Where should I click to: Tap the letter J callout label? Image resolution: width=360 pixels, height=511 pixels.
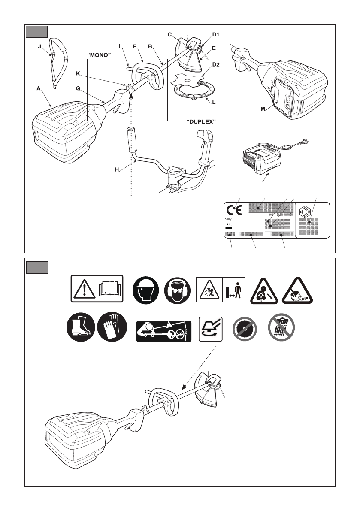click(x=39, y=48)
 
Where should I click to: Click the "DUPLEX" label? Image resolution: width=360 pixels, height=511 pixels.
click(x=201, y=122)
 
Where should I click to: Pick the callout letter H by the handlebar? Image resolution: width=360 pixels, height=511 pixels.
click(x=117, y=170)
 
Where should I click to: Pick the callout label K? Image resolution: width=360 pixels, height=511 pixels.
click(x=78, y=73)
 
